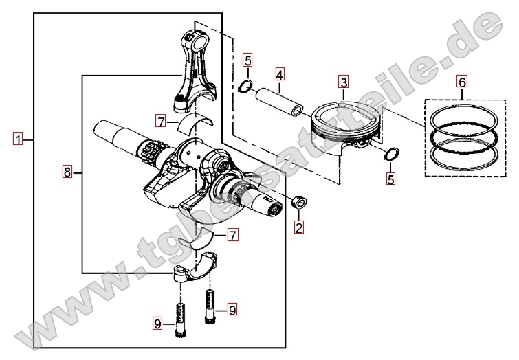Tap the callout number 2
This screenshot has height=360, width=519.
pos(299,226)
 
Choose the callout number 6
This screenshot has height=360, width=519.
pos(462,82)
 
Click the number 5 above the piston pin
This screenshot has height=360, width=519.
pos(248,60)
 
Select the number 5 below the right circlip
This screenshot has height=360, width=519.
pos(390,179)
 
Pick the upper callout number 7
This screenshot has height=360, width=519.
pos(160,122)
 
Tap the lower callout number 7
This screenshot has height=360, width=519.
pos(232,236)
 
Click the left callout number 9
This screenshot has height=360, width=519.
pos(157,323)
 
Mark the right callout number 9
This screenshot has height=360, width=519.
pos(232,310)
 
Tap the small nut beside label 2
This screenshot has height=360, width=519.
pos(298,203)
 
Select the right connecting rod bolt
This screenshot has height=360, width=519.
pos(209,306)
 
